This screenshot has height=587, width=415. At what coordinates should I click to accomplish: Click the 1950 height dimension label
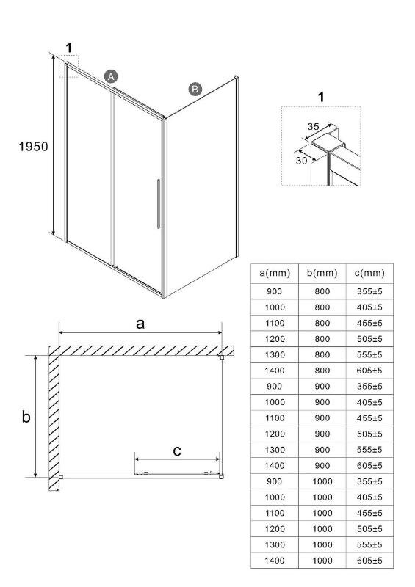pyautogui.click(x=33, y=146)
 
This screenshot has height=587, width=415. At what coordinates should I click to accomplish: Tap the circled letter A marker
pyautogui.click(x=111, y=77)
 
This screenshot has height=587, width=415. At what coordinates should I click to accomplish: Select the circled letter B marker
pyautogui.click(x=195, y=89)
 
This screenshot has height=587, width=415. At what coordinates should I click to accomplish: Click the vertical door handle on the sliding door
pyautogui.click(x=159, y=204)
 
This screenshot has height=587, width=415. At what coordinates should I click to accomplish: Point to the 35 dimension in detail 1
pyautogui.click(x=314, y=126)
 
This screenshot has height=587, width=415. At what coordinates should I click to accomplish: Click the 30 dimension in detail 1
pyautogui.click(x=301, y=161)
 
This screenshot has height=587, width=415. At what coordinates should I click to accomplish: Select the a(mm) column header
pyautogui.click(x=275, y=273)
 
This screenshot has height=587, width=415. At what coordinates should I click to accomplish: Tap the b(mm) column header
pyautogui.click(x=322, y=273)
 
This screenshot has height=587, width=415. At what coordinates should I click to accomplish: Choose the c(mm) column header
pyautogui.click(x=369, y=273)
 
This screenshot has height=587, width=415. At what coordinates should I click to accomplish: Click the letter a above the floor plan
pyautogui.click(x=140, y=324)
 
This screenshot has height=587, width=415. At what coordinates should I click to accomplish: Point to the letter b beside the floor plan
pyautogui.click(x=26, y=416)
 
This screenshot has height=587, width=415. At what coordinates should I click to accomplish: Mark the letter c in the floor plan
pyautogui.click(x=177, y=451)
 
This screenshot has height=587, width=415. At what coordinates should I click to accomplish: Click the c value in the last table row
pyautogui.click(x=369, y=561)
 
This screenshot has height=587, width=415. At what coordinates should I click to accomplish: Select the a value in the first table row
pyautogui.click(x=275, y=291)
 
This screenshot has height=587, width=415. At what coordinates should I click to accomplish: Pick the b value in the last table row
pyautogui.click(x=322, y=561)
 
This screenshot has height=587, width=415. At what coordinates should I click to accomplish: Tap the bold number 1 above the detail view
pyautogui.click(x=321, y=97)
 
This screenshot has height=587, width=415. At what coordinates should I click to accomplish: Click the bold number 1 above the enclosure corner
pyautogui.click(x=69, y=48)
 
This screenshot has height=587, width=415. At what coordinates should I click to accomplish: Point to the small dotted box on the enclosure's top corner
pyautogui.click(x=68, y=66)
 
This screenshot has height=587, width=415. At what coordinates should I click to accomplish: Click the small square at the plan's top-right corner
pyautogui.click(x=222, y=357)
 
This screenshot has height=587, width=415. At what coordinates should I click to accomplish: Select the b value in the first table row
pyautogui.click(x=322, y=291)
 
